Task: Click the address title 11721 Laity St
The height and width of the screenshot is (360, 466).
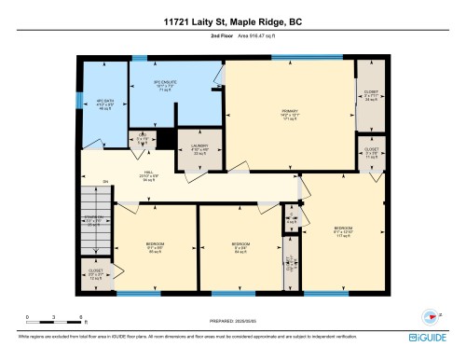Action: point(232,21)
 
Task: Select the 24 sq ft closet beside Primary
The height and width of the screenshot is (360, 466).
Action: point(370,94)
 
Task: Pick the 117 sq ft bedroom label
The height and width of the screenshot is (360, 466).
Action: point(342,231)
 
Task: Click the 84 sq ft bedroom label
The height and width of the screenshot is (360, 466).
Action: point(241,248)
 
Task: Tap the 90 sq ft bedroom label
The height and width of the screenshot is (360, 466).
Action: point(155,248)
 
